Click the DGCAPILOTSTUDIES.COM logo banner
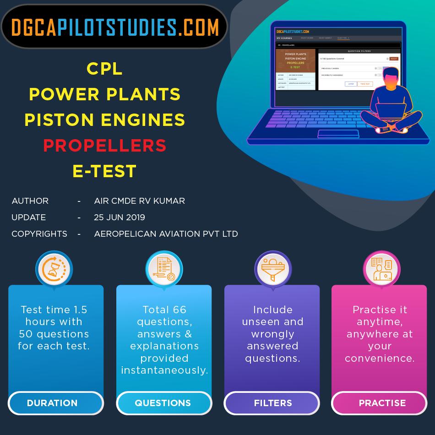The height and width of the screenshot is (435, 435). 114,27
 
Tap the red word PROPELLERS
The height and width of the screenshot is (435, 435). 104,146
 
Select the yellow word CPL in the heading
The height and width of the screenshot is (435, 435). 104,69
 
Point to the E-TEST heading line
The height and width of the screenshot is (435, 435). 104,171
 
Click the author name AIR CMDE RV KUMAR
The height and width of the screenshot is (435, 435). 139,201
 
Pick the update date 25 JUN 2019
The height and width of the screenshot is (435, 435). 119,217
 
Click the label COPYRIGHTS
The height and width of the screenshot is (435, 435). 39,234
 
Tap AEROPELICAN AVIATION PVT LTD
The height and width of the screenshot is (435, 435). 166,234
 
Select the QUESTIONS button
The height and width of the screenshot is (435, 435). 163,403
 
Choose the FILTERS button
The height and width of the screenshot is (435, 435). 273,403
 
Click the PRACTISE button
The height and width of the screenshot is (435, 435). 382,403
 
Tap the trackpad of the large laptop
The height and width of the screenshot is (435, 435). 338,133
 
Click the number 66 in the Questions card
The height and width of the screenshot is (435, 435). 177,310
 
